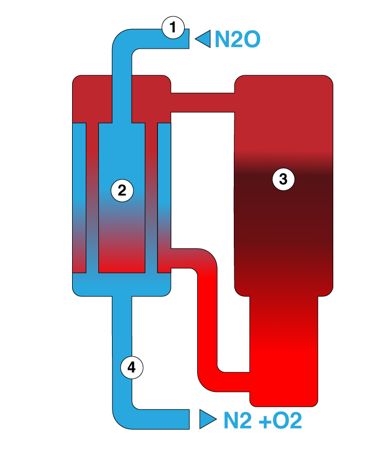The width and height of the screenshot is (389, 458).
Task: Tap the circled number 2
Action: (x=122, y=190)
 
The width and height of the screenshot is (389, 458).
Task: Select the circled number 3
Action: (x=283, y=179)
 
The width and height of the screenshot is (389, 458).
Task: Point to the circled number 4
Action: (x=131, y=367)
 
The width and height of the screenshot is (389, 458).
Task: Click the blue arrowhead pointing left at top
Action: (x=203, y=39)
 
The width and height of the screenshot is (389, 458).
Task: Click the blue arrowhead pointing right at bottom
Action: (x=207, y=419)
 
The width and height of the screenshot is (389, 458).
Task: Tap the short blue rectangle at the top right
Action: (x=238, y=42)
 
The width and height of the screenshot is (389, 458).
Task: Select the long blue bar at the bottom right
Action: (x=306, y=420)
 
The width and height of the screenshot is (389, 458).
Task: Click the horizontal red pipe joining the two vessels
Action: (x=202, y=102)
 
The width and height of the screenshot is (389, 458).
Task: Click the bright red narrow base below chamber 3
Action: (x=284, y=350)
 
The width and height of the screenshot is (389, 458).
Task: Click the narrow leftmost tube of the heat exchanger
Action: (x=79, y=197)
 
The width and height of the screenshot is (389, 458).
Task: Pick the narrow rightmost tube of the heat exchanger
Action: (x=164, y=197)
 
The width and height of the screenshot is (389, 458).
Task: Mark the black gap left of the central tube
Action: (x=92, y=197)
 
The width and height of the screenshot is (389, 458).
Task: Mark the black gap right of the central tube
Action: (x=151, y=197)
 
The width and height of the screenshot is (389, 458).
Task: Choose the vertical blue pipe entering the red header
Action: (x=122, y=93)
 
